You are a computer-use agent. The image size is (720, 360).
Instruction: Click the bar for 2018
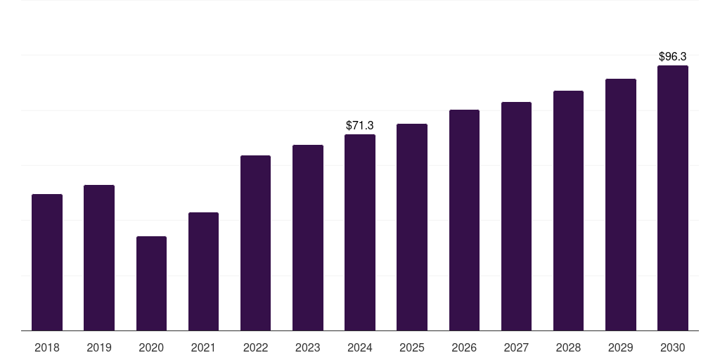[x=47, y=262]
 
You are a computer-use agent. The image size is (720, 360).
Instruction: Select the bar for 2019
[x=99, y=257]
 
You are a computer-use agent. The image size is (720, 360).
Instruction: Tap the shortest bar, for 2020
[x=152, y=283]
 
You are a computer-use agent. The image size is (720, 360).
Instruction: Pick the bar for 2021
[x=203, y=271]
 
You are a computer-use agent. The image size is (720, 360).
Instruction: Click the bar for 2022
[x=255, y=243]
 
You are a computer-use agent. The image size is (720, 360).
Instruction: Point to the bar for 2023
[x=308, y=238]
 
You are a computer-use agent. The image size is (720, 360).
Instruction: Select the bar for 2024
[x=360, y=232]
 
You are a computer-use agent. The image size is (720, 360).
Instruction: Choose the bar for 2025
[x=412, y=227]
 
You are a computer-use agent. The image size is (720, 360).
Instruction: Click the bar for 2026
[x=464, y=220]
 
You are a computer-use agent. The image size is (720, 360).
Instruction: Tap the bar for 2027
[x=516, y=217]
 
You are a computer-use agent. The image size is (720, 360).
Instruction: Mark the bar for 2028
[x=568, y=211]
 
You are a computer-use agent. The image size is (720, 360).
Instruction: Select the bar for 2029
[x=621, y=205]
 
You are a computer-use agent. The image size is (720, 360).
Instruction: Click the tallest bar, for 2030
[x=673, y=198]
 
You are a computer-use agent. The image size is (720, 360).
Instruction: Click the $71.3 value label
[x=359, y=125]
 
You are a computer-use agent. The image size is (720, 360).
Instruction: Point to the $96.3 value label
[x=673, y=56]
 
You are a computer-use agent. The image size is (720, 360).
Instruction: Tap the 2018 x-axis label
[x=47, y=347]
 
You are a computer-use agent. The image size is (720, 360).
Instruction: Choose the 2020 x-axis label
[x=151, y=347]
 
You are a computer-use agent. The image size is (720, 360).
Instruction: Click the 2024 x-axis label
[x=359, y=347]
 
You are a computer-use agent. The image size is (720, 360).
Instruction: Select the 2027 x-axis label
[x=516, y=347]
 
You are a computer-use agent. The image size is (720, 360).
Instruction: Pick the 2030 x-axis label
[x=673, y=347]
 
